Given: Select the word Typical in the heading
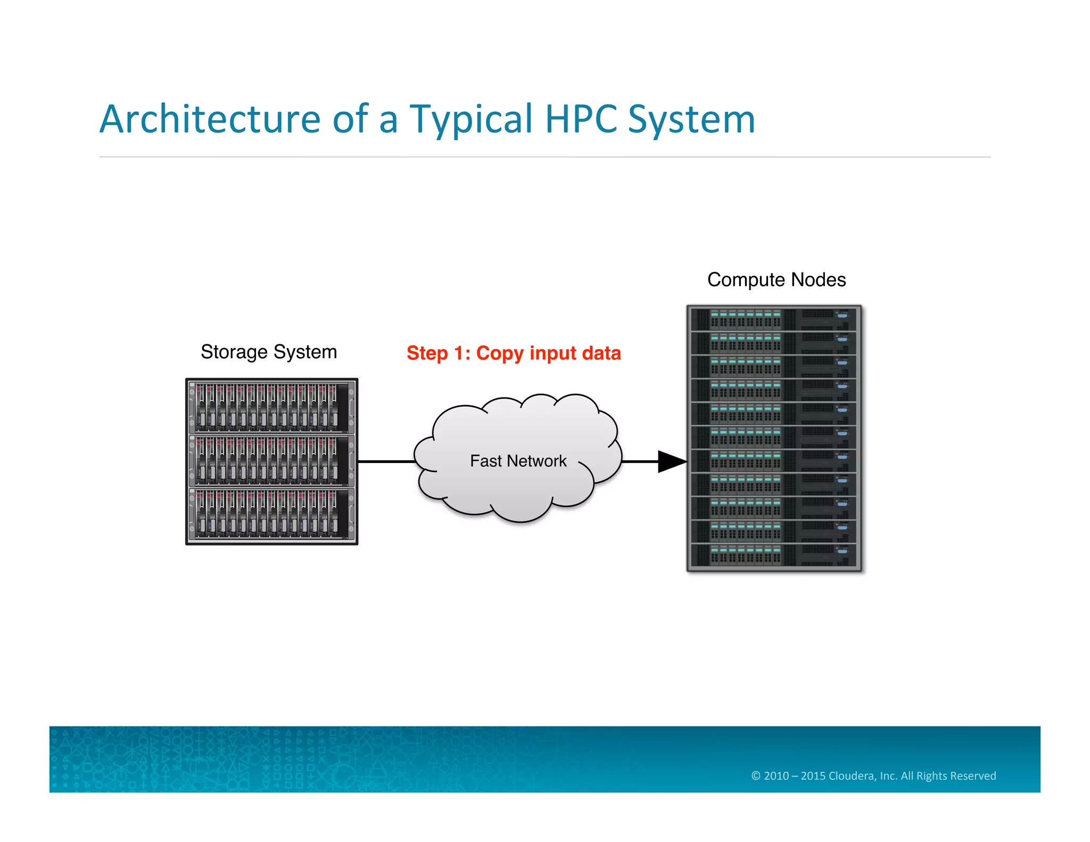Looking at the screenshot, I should point(470,120).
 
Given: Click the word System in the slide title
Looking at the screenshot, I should point(691,120).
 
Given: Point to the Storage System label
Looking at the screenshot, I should point(269,352).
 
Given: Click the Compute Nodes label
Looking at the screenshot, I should point(776,279).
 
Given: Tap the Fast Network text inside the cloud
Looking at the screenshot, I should point(518,461).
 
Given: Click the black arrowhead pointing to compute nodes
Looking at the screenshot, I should point(672,461).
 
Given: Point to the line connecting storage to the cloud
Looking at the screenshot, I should point(386,461).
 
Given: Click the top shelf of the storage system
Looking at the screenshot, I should point(271,407).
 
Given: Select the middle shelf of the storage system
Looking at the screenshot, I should point(271,461).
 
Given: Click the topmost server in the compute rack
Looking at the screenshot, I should point(774,319).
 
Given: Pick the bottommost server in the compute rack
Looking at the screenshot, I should point(774,555).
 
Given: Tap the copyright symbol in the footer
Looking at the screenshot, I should point(756,775).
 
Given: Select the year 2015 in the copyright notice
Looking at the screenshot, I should point(813,775).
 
